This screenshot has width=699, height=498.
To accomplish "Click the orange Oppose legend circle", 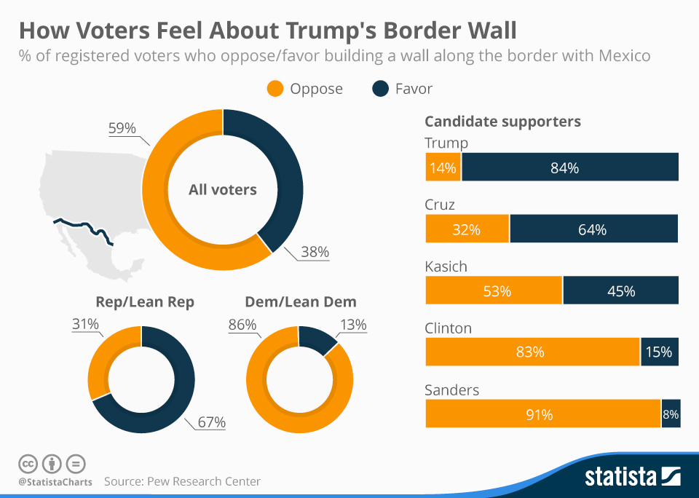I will coord(275,89).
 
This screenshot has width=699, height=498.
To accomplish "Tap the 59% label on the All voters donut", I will coord(122,128).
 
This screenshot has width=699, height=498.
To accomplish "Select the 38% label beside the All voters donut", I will coord(315,253).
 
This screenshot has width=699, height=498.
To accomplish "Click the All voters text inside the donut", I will coord(222,190).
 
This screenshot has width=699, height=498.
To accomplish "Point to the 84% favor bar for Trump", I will coord(569,167).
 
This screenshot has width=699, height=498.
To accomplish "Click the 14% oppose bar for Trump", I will coord(443,167).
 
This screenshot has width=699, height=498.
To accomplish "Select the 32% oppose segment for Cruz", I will coord(467,229).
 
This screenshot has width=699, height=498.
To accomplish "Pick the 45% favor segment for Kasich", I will coord(620,290).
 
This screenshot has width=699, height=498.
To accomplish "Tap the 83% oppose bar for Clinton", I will coord(532,352).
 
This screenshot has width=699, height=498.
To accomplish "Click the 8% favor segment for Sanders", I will coord(670,414).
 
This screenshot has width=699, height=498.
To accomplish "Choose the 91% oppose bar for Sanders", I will coord(542,414).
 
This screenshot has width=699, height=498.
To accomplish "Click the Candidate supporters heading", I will coord(502,122).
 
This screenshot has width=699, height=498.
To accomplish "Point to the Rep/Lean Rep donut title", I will coord(145,302).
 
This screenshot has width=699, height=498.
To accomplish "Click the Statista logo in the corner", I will coord(633,477).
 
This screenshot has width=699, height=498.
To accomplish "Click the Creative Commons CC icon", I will coord(28,463).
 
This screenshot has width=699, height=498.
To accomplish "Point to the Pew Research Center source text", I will coord(182,481).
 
